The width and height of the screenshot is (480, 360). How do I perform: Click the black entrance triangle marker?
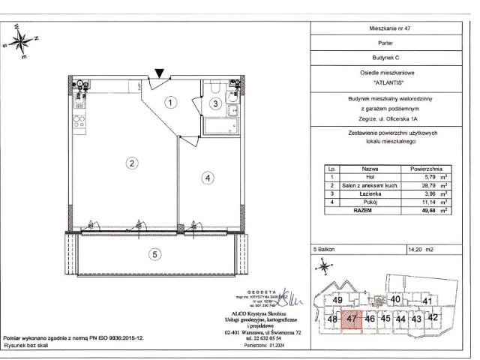[159, 73]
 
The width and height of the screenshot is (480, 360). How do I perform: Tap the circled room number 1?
[171, 102]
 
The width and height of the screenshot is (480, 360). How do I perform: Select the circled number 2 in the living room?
[130, 163]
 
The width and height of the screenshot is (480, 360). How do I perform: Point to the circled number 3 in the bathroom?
[215, 103]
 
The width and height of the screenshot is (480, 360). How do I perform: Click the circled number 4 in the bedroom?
[208, 178]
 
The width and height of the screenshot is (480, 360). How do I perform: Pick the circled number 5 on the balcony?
[154, 254]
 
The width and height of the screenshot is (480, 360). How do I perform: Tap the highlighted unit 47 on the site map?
[352, 318]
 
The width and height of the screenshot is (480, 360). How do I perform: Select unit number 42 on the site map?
[432, 316]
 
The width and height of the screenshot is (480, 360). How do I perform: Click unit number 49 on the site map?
[337, 301]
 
